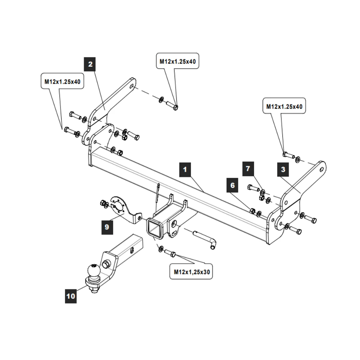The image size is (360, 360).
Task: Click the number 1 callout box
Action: point(185,169)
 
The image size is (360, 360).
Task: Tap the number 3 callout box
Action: point(283,169)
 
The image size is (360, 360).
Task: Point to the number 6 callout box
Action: point(233,185)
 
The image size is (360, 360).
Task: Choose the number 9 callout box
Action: point(107,227)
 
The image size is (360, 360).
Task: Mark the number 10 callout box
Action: point(71,296)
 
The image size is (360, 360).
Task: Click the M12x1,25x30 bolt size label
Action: point(191,272)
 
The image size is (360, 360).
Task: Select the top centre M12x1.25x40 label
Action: point(177,62)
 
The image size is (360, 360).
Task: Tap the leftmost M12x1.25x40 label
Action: point(62,82)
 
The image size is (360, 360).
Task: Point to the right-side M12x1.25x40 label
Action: point(284,107)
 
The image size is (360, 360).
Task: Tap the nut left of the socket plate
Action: point(103,204)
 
